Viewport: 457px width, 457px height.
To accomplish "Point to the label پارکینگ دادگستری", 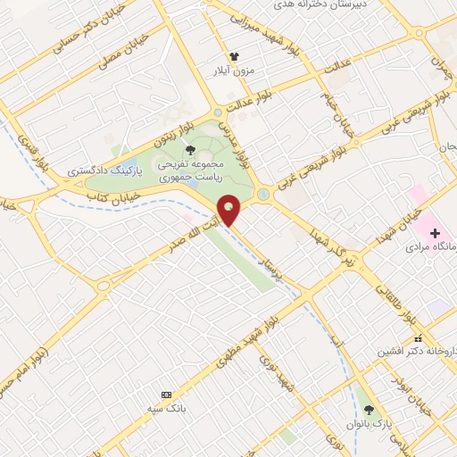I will pyautogui.click(x=100, y=168).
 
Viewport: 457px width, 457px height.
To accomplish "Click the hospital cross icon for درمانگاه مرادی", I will pyautogui.click(x=434, y=233).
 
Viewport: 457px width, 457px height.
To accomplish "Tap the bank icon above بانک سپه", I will pyautogui.click(x=166, y=395).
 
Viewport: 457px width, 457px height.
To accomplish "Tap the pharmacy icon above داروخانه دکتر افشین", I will pyautogui.click(x=418, y=337).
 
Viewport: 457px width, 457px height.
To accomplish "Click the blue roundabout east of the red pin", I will pyautogui.click(x=262, y=194).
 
